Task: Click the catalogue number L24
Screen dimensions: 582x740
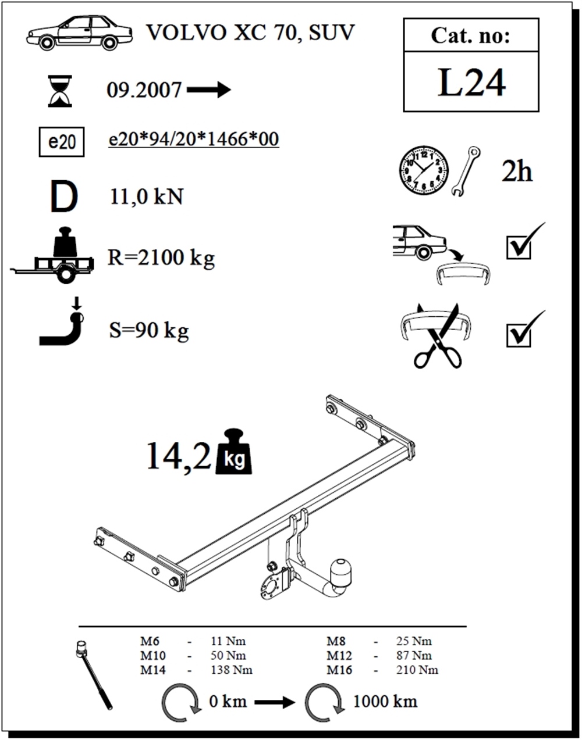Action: [471, 82]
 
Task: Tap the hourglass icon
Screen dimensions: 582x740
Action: [60, 91]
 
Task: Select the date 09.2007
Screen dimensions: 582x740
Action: [144, 91]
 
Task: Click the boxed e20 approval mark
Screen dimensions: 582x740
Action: [62, 142]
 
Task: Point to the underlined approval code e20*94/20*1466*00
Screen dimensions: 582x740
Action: [194, 140]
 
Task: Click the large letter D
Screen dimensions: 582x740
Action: [64, 197]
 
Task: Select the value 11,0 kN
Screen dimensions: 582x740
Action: [146, 197]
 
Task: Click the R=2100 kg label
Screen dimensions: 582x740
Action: [161, 259]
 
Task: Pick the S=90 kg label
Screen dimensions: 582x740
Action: [148, 331]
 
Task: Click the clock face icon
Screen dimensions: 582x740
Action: [424, 170]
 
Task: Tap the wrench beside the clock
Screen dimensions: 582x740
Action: [466, 171]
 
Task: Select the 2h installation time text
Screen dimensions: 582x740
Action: [517, 172]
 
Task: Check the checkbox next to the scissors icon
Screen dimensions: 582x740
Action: [518, 336]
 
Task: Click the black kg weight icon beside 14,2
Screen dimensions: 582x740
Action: [234, 452]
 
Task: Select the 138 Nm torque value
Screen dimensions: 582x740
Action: [232, 670]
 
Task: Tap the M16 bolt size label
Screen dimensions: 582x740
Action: [339, 670]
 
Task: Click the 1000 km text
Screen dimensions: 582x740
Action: [385, 702]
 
